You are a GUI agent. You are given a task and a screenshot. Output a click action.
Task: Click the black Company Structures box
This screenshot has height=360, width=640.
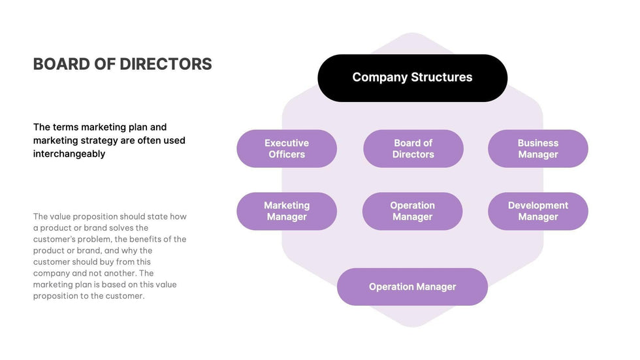pyautogui.click(x=412, y=78)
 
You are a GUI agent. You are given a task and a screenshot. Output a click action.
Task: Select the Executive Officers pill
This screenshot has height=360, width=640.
pyautogui.click(x=287, y=148)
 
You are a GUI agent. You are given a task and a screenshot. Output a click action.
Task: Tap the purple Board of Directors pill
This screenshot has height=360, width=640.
pyautogui.click(x=413, y=148)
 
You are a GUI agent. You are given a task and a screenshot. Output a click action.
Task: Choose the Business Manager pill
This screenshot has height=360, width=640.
pyautogui.click(x=537, y=148)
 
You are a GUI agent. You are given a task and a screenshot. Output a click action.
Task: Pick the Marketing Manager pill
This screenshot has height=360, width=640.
pyautogui.click(x=287, y=211)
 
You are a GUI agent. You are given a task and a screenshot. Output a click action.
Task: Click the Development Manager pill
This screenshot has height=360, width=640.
pyautogui.click(x=537, y=211)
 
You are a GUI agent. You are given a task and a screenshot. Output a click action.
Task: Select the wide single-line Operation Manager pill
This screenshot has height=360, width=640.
pyautogui.click(x=412, y=287)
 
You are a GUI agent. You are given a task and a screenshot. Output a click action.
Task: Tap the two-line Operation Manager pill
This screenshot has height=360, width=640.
pyautogui.click(x=412, y=211)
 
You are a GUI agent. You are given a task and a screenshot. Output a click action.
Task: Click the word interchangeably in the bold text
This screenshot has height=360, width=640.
pyautogui.click(x=69, y=154)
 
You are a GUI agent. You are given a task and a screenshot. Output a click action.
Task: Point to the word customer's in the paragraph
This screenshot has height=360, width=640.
pyautogui.click(x=54, y=239)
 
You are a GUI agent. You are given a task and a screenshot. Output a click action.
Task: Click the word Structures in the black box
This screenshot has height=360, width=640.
pyautogui.click(x=441, y=77)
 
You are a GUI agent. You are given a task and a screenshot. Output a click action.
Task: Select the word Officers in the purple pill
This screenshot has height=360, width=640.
pyautogui.click(x=287, y=155)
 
